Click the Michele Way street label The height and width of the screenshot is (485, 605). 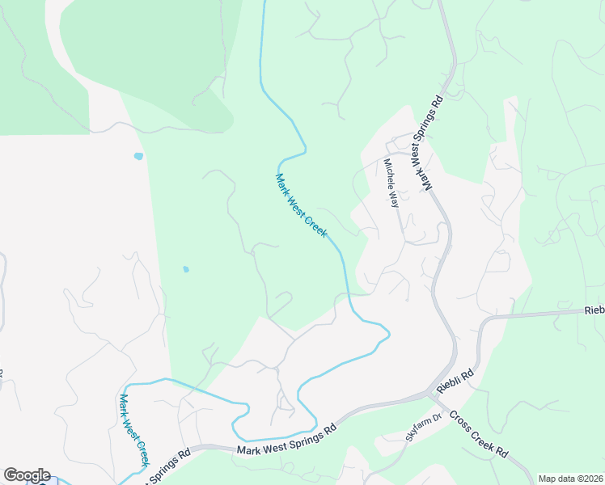(x=391, y=183)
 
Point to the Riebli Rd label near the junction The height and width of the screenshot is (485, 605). (x=454, y=377)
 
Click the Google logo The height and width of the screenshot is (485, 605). (x=27, y=475)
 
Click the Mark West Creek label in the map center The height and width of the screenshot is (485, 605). (x=301, y=206)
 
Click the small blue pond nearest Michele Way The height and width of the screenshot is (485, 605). (x=186, y=269)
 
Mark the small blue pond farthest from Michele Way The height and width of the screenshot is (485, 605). (x=138, y=156)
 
